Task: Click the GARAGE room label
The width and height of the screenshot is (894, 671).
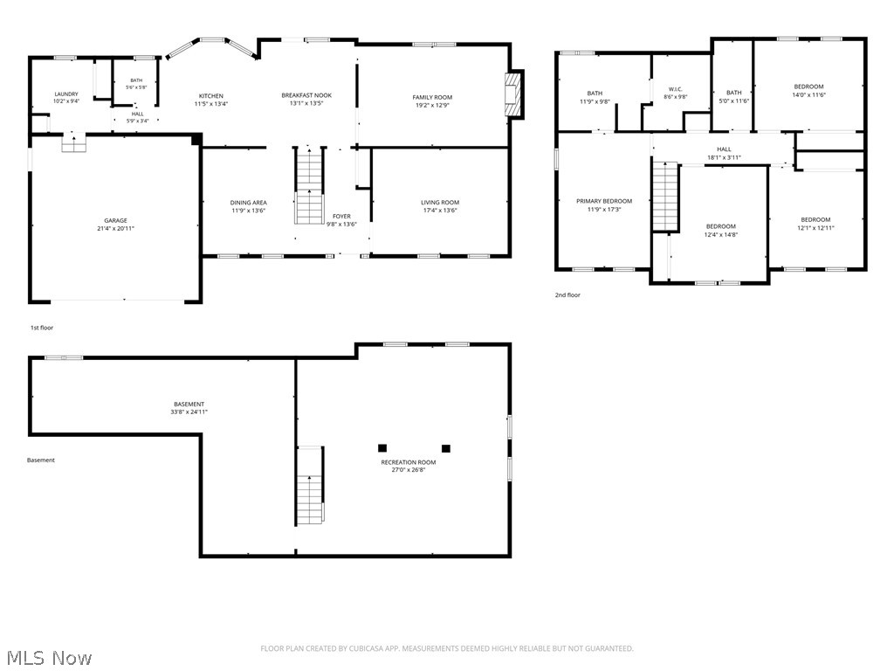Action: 116,220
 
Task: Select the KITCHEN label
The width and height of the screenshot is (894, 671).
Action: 211,96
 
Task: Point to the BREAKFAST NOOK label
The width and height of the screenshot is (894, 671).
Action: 306,95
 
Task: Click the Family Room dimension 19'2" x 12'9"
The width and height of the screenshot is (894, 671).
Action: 432,105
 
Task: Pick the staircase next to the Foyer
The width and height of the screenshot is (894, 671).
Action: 310,185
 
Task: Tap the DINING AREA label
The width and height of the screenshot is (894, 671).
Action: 249,203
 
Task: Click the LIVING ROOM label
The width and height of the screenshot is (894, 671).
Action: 440,202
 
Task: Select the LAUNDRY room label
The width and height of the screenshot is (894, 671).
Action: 66,94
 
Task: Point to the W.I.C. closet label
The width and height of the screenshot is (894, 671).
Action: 676,89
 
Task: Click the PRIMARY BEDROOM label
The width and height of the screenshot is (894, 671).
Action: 604,201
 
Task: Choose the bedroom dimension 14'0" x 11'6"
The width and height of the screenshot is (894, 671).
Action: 808,95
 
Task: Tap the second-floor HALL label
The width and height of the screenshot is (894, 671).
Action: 724,149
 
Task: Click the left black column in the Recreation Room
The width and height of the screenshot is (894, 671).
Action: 382,448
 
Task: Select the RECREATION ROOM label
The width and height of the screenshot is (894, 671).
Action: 409,462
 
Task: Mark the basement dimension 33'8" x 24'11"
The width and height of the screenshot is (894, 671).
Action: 189,412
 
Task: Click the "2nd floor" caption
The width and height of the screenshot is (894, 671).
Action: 567,295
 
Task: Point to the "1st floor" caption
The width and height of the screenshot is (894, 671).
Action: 42,328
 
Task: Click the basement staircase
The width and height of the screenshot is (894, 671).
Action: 310,485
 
